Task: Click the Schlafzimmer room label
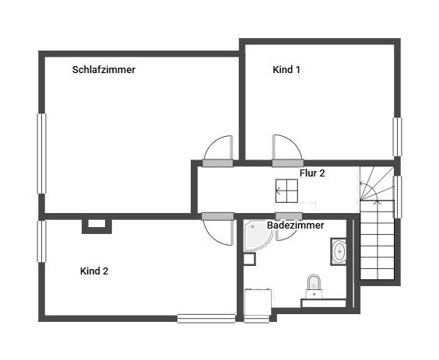pyautogui.click(x=104, y=70)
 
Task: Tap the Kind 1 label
pyautogui.click(x=286, y=70)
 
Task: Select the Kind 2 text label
pyautogui.click(x=94, y=271)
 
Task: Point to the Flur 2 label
pyautogui.click(x=312, y=173)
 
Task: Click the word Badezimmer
pyautogui.click(x=295, y=225)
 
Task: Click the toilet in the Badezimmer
pyautogui.click(x=314, y=286)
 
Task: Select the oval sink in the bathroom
pyautogui.click(x=339, y=252)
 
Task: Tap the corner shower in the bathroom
pyautogui.click(x=257, y=236)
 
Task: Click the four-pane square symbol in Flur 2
pyautogui.click(x=286, y=191)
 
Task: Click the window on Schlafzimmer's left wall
pyautogui.click(x=41, y=154)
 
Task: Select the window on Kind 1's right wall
pyautogui.click(x=397, y=137)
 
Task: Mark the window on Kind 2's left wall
pyautogui.click(x=41, y=241)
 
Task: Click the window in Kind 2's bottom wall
pyautogui.click(x=206, y=319)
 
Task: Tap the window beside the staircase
pyautogui.click(x=398, y=197)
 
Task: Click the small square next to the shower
pyautogui.click(x=249, y=259)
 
